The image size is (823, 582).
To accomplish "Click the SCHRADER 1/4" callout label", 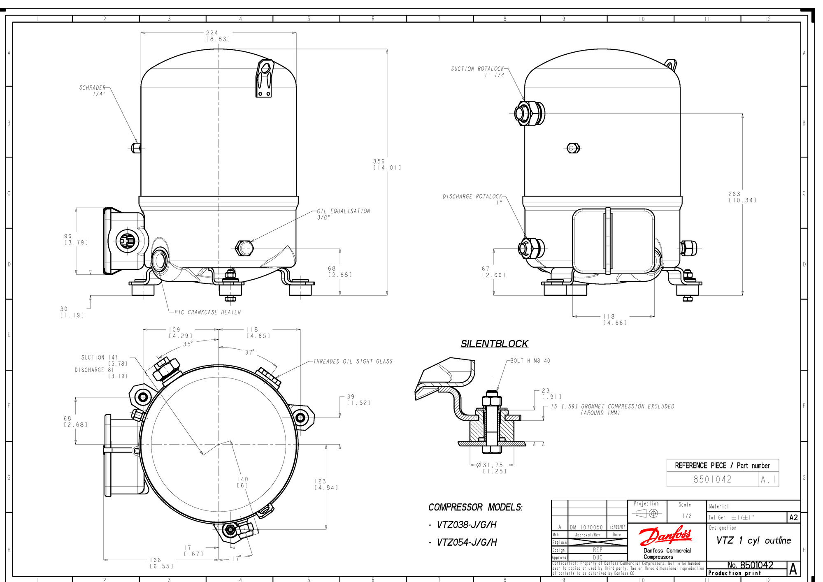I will click(x=93, y=91).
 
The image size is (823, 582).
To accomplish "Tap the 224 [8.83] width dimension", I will click(x=217, y=36).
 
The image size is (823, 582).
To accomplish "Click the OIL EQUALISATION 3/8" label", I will click(x=343, y=214).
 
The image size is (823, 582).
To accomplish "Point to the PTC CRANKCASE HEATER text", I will click(x=207, y=312).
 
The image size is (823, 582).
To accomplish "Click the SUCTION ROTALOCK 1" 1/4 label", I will click(x=477, y=72).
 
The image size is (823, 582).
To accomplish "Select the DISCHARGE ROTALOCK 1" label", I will click(x=472, y=199).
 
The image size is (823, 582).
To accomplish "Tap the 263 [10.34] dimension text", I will click(x=742, y=197).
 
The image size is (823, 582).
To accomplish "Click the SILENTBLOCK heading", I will click(x=494, y=344).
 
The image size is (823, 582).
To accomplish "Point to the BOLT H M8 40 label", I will click(x=530, y=361).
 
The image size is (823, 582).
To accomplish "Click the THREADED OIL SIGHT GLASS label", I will click(x=353, y=362).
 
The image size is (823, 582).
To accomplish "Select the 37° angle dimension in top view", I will click(x=250, y=352).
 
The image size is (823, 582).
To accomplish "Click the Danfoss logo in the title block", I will click(x=665, y=536).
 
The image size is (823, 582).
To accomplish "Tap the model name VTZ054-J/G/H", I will click(x=467, y=543).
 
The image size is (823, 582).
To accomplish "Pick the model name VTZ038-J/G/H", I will click(x=467, y=525).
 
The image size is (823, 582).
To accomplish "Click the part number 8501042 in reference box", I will click(x=712, y=479).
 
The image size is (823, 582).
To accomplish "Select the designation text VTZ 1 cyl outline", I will click(x=753, y=540).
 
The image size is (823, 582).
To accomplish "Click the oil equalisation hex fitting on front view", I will click(x=244, y=248).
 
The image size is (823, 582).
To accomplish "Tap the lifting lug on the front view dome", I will click(x=264, y=79).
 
